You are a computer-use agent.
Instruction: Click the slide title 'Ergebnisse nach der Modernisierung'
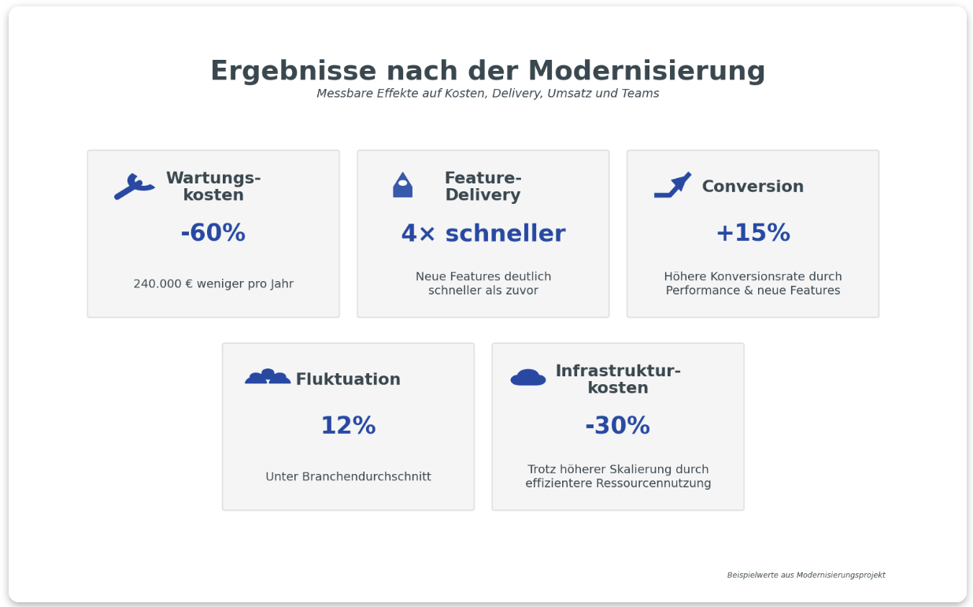(487, 71)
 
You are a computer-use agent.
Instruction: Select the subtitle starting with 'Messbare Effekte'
(487, 94)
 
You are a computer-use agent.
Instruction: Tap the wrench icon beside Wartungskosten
(134, 187)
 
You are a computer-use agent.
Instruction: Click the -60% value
(213, 233)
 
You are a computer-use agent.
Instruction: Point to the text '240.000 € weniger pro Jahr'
(213, 283)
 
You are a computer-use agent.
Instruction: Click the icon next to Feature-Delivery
(402, 186)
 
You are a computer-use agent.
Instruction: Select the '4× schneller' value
(483, 233)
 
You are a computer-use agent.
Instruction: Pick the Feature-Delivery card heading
(483, 187)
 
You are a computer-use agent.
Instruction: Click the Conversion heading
(753, 187)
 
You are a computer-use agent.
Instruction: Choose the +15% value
(753, 233)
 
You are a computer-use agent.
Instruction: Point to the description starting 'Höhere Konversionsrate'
(753, 283)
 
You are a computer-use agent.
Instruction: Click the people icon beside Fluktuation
(268, 377)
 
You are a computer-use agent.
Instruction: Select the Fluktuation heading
(348, 379)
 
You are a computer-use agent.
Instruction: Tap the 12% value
(348, 426)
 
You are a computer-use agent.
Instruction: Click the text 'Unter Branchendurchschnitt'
(348, 476)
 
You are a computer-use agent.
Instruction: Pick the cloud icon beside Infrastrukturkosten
(527, 378)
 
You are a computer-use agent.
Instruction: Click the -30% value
(617, 426)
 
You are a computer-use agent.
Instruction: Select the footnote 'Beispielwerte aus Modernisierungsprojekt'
(805, 576)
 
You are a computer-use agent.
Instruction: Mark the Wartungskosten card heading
(213, 187)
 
